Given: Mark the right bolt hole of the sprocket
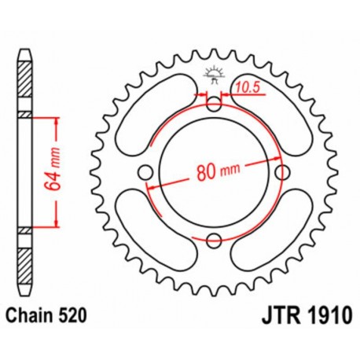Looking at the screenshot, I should click(x=281, y=172).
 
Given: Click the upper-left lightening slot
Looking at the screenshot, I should click(x=153, y=112).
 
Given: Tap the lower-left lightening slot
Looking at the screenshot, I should click(x=153, y=233).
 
